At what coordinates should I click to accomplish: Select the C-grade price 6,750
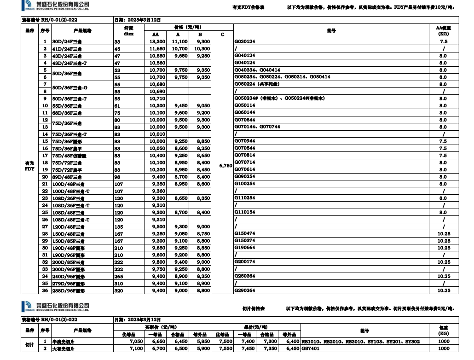[x=225, y=166]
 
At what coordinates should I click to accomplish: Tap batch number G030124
[x=245, y=41]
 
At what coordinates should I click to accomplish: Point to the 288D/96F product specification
[x=68, y=291]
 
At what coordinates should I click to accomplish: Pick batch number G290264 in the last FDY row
[x=245, y=291]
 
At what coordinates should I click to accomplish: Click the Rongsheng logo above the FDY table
[x=55, y=6]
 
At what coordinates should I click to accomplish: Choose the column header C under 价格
[x=222, y=35]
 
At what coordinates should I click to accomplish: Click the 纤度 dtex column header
[x=128, y=31]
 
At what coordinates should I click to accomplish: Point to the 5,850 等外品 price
[x=202, y=342]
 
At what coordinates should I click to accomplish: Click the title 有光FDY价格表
[x=249, y=8]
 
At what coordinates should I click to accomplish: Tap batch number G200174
[x=245, y=262]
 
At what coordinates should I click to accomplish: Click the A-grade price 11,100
[x=180, y=41]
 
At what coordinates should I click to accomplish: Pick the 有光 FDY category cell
[x=29, y=166]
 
